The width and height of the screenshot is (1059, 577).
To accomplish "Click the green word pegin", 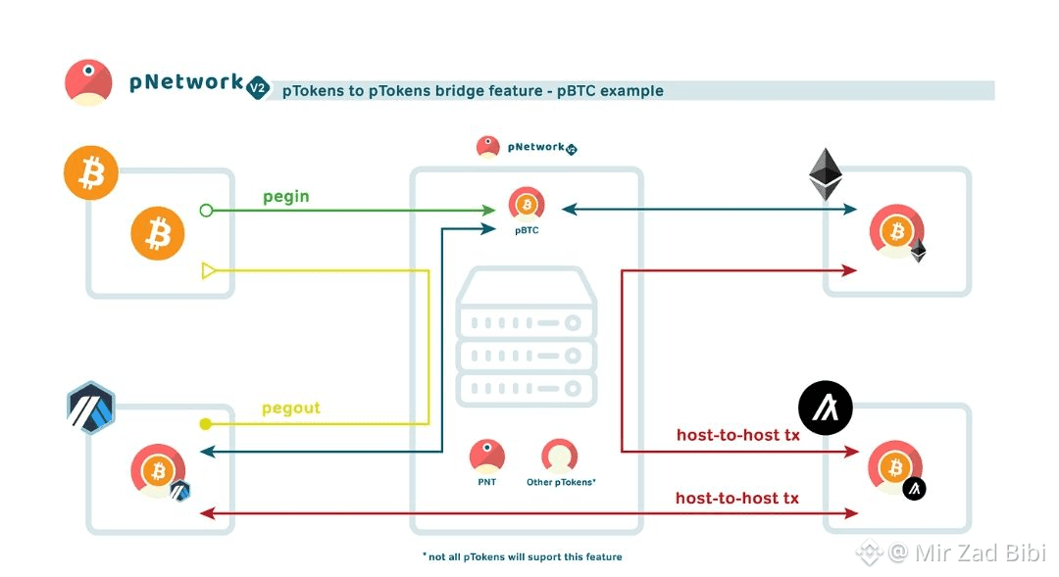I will tap(285, 197).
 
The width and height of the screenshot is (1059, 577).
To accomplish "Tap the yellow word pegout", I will tap(290, 408).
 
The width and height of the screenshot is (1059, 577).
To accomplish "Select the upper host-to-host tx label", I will tap(737, 435).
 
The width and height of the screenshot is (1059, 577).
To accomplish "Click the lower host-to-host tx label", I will tap(736, 499).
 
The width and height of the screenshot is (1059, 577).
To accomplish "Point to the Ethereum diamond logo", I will tap(826, 175).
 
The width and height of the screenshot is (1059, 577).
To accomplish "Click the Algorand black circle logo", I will tap(825, 407).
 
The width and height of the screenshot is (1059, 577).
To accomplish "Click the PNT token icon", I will tap(487, 456).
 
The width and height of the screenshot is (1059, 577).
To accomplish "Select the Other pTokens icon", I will tap(560, 456).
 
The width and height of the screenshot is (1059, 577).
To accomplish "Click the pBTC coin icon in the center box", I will tap(528, 205).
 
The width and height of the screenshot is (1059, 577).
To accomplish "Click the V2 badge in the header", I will tap(257, 86).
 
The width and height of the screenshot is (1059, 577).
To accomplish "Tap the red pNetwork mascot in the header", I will tap(88, 82).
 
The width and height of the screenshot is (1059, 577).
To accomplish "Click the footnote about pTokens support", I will tap(523, 556).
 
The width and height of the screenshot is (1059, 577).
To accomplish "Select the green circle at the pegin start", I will tap(206, 210).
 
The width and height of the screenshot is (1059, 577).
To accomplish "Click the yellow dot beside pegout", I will tap(205, 424).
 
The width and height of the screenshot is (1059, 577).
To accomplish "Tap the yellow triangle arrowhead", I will tap(208, 270).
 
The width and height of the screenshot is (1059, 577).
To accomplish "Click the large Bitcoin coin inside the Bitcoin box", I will tap(158, 233).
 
